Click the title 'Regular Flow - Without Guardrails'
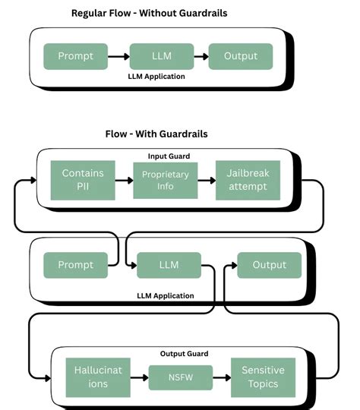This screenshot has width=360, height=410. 149,13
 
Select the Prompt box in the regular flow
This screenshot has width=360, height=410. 74,56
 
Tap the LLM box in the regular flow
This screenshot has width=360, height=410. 161,56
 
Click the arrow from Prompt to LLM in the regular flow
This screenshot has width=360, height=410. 117,56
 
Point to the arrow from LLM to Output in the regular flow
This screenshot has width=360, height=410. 201,56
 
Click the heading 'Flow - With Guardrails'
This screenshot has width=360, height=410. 156,134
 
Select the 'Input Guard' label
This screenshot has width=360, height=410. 169,156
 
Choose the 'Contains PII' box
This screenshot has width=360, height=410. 82,180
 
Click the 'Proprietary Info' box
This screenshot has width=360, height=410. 165,181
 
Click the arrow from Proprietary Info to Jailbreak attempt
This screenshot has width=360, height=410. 205,181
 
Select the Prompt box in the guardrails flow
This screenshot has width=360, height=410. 74,265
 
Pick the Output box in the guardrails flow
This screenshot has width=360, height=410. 269,265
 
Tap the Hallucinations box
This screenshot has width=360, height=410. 97,377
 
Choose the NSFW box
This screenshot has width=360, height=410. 179,377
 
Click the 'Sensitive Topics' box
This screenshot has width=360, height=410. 263,377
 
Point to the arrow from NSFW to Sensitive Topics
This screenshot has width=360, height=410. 221,377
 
